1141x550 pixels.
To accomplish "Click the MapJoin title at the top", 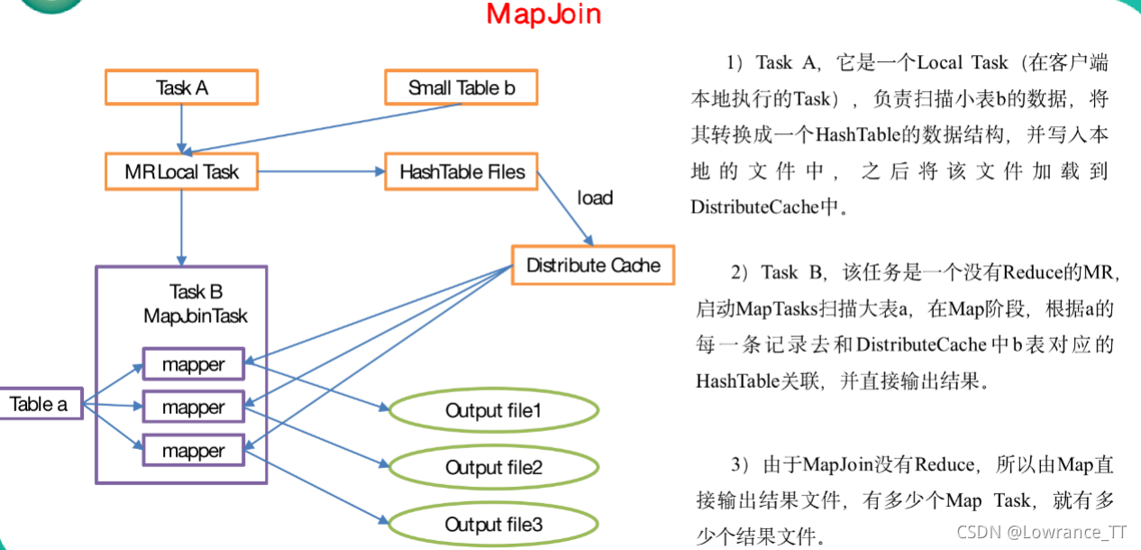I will point(543,15).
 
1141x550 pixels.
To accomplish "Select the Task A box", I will point(182,87).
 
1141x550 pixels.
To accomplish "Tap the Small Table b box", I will point(461,87).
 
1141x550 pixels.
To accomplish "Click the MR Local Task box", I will point(182,171).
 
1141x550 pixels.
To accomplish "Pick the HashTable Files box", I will point(461,171).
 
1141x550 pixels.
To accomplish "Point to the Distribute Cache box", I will point(593,265).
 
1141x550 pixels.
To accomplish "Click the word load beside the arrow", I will point(595,197).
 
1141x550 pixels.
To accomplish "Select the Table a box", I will point(39,404).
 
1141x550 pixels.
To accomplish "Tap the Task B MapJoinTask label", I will point(196,304).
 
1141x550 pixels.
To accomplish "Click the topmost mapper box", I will point(193,365).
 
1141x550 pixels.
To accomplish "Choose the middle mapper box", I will point(193,408).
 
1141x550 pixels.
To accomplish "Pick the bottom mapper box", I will point(193,450).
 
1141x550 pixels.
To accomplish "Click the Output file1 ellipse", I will point(494,411).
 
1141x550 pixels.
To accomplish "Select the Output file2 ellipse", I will point(494,468).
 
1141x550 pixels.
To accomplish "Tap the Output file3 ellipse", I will point(494,525).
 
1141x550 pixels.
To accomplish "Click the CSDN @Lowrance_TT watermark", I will point(1041,532).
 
